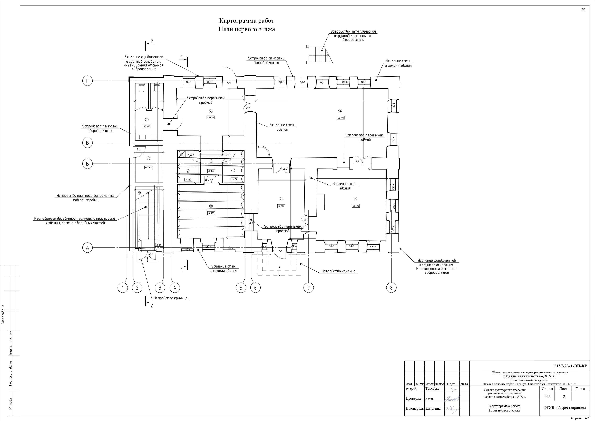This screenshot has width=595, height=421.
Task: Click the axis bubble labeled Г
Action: tap(87, 81)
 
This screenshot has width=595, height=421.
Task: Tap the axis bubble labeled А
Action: tap(87, 248)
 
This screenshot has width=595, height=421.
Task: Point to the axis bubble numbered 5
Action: tap(241, 288)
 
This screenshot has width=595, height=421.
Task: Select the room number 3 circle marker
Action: tap(355, 199)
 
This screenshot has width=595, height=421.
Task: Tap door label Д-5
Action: tap(228, 83)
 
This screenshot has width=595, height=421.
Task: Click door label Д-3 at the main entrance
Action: tap(280, 251)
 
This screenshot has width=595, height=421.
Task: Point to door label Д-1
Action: tap(139, 149)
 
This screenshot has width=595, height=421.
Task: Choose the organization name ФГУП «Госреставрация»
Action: tap(565, 408)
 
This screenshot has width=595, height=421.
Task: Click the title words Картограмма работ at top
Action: tap(246, 21)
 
